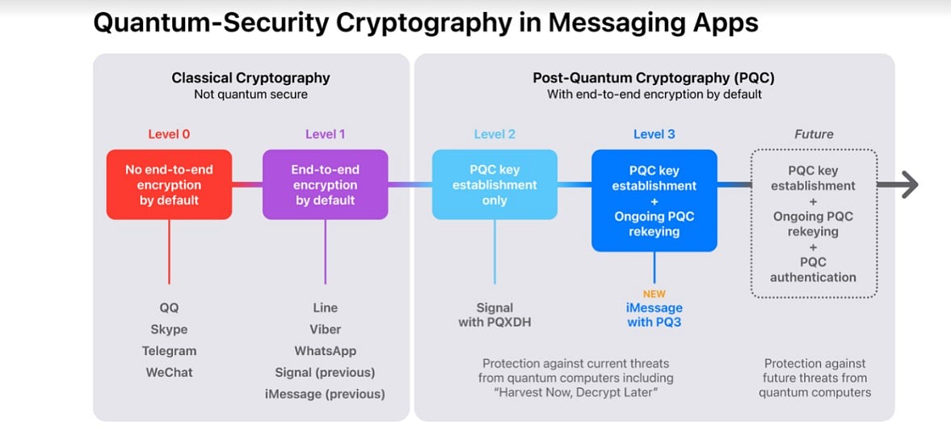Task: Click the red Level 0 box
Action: (x=169, y=184)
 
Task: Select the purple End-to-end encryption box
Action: (x=325, y=184)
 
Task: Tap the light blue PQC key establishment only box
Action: (x=494, y=184)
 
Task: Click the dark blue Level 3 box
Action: (x=654, y=201)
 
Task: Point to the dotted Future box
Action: (x=813, y=223)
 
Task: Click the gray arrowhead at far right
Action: (x=909, y=185)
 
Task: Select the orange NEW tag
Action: (x=654, y=294)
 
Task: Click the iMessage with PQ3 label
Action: (x=654, y=315)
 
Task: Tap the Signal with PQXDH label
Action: (x=494, y=315)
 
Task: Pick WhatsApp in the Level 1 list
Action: (x=325, y=351)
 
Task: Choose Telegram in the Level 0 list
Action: (x=169, y=351)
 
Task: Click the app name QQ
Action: (x=169, y=307)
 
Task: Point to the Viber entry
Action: (x=325, y=329)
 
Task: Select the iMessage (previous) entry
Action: (x=325, y=395)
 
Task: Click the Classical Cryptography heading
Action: (x=250, y=78)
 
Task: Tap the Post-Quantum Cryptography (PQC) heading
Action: (x=654, y=78)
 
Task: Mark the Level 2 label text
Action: (x=494, y=134)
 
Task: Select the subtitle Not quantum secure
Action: (x=250, y=95)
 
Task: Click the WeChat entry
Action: (x=169, y=373)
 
